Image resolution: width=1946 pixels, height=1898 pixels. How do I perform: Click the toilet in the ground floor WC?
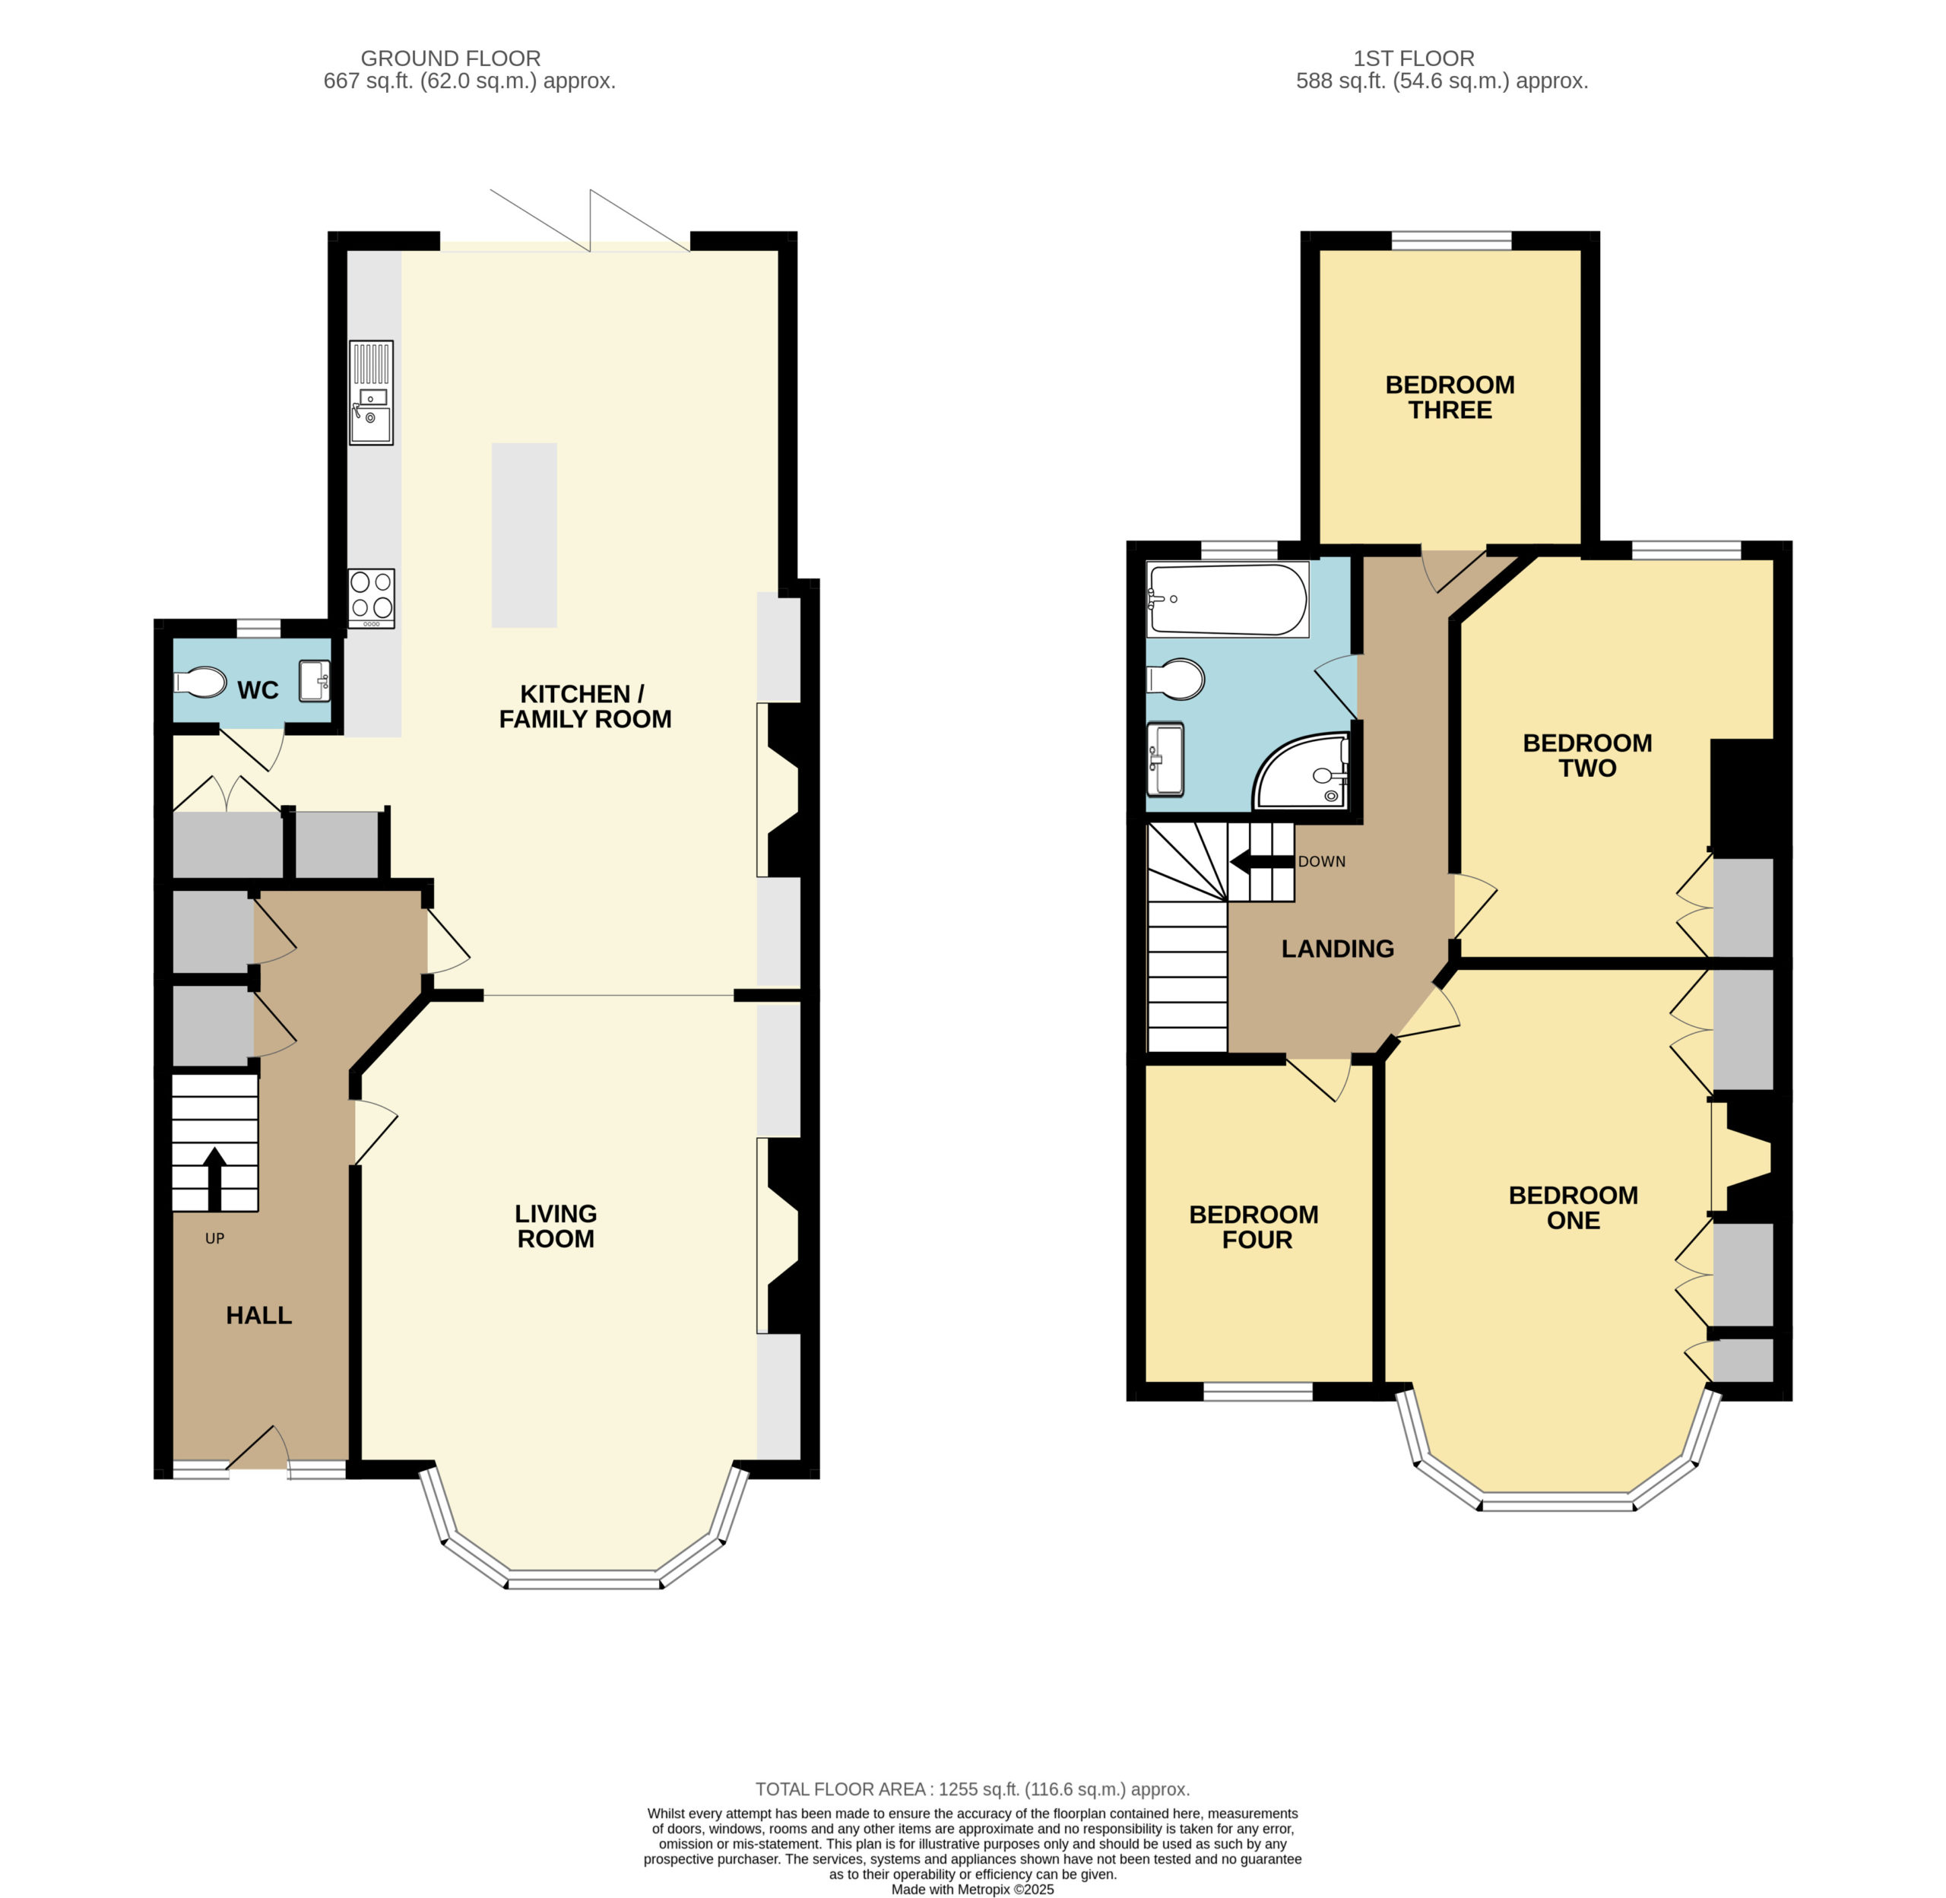pyautogui.click(x=201, y=683)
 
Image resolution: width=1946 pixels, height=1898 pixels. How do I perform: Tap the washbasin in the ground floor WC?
pyautogui.click(x=315, y=681)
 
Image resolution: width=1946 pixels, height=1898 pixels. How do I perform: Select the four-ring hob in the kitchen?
pyautogui.click(x=371, y=598)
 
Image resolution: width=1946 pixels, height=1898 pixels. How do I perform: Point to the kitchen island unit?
pyautogui.click(x=525, y=535)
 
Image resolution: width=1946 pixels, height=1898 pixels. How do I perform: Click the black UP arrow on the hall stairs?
pyautogui.click(x=214, y=1178)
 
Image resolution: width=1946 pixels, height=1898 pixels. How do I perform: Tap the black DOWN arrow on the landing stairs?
pyautogui.click(x=1261, y=862)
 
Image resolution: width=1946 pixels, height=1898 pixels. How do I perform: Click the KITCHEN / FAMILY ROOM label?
pyautogui.click(x=585, y=706)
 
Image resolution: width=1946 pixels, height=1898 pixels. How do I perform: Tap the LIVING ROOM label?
pyautogui.click(x=555, y=1226)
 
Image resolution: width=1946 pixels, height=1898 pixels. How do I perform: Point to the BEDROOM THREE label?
pyautogui.click(x=1450, y=397)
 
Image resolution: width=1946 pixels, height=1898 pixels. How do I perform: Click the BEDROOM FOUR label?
pyautogui.click(x=1254, y=1227)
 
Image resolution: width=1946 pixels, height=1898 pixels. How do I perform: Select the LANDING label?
pyautogui.click(x=1337, y=949)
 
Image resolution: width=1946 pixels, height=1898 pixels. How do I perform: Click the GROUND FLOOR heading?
pyautogui.click(x=451, y=59)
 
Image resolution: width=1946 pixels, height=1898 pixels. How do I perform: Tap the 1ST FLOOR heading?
pyautogui.click(x=1414, y=59)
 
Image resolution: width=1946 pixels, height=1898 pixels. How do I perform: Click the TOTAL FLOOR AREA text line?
pyautogui.click(x=972, y=1789)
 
